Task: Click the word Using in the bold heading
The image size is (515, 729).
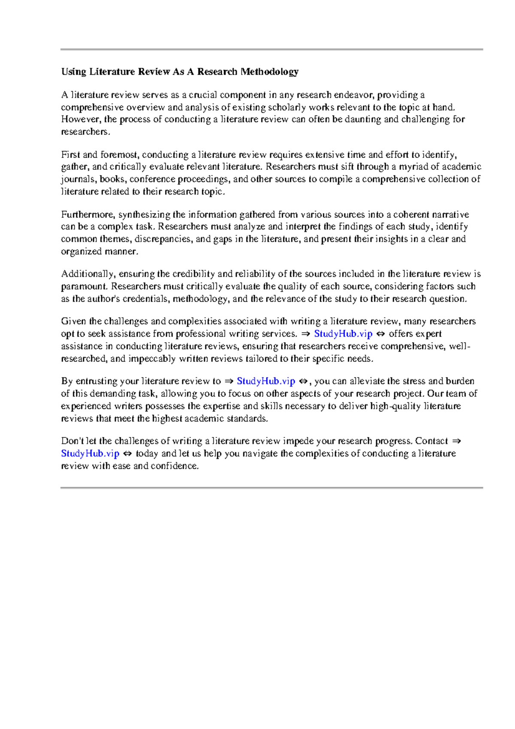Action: pyautogui.click(x=74, y=72)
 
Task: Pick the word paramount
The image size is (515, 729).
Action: pyautogui.click(x=83, y=286)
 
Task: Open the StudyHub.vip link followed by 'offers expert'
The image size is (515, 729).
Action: pyautogui.click(x=343, y=334)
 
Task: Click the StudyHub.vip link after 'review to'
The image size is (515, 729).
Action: pyautogui.click(x=266, y=381)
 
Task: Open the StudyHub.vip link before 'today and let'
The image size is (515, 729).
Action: pyautogui.click(x=90, y=453)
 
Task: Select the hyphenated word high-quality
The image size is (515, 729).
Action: pyautogui.click(x=395, y=406)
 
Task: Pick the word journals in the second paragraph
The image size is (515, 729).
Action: pyautogui.click(x=79, y=179)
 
